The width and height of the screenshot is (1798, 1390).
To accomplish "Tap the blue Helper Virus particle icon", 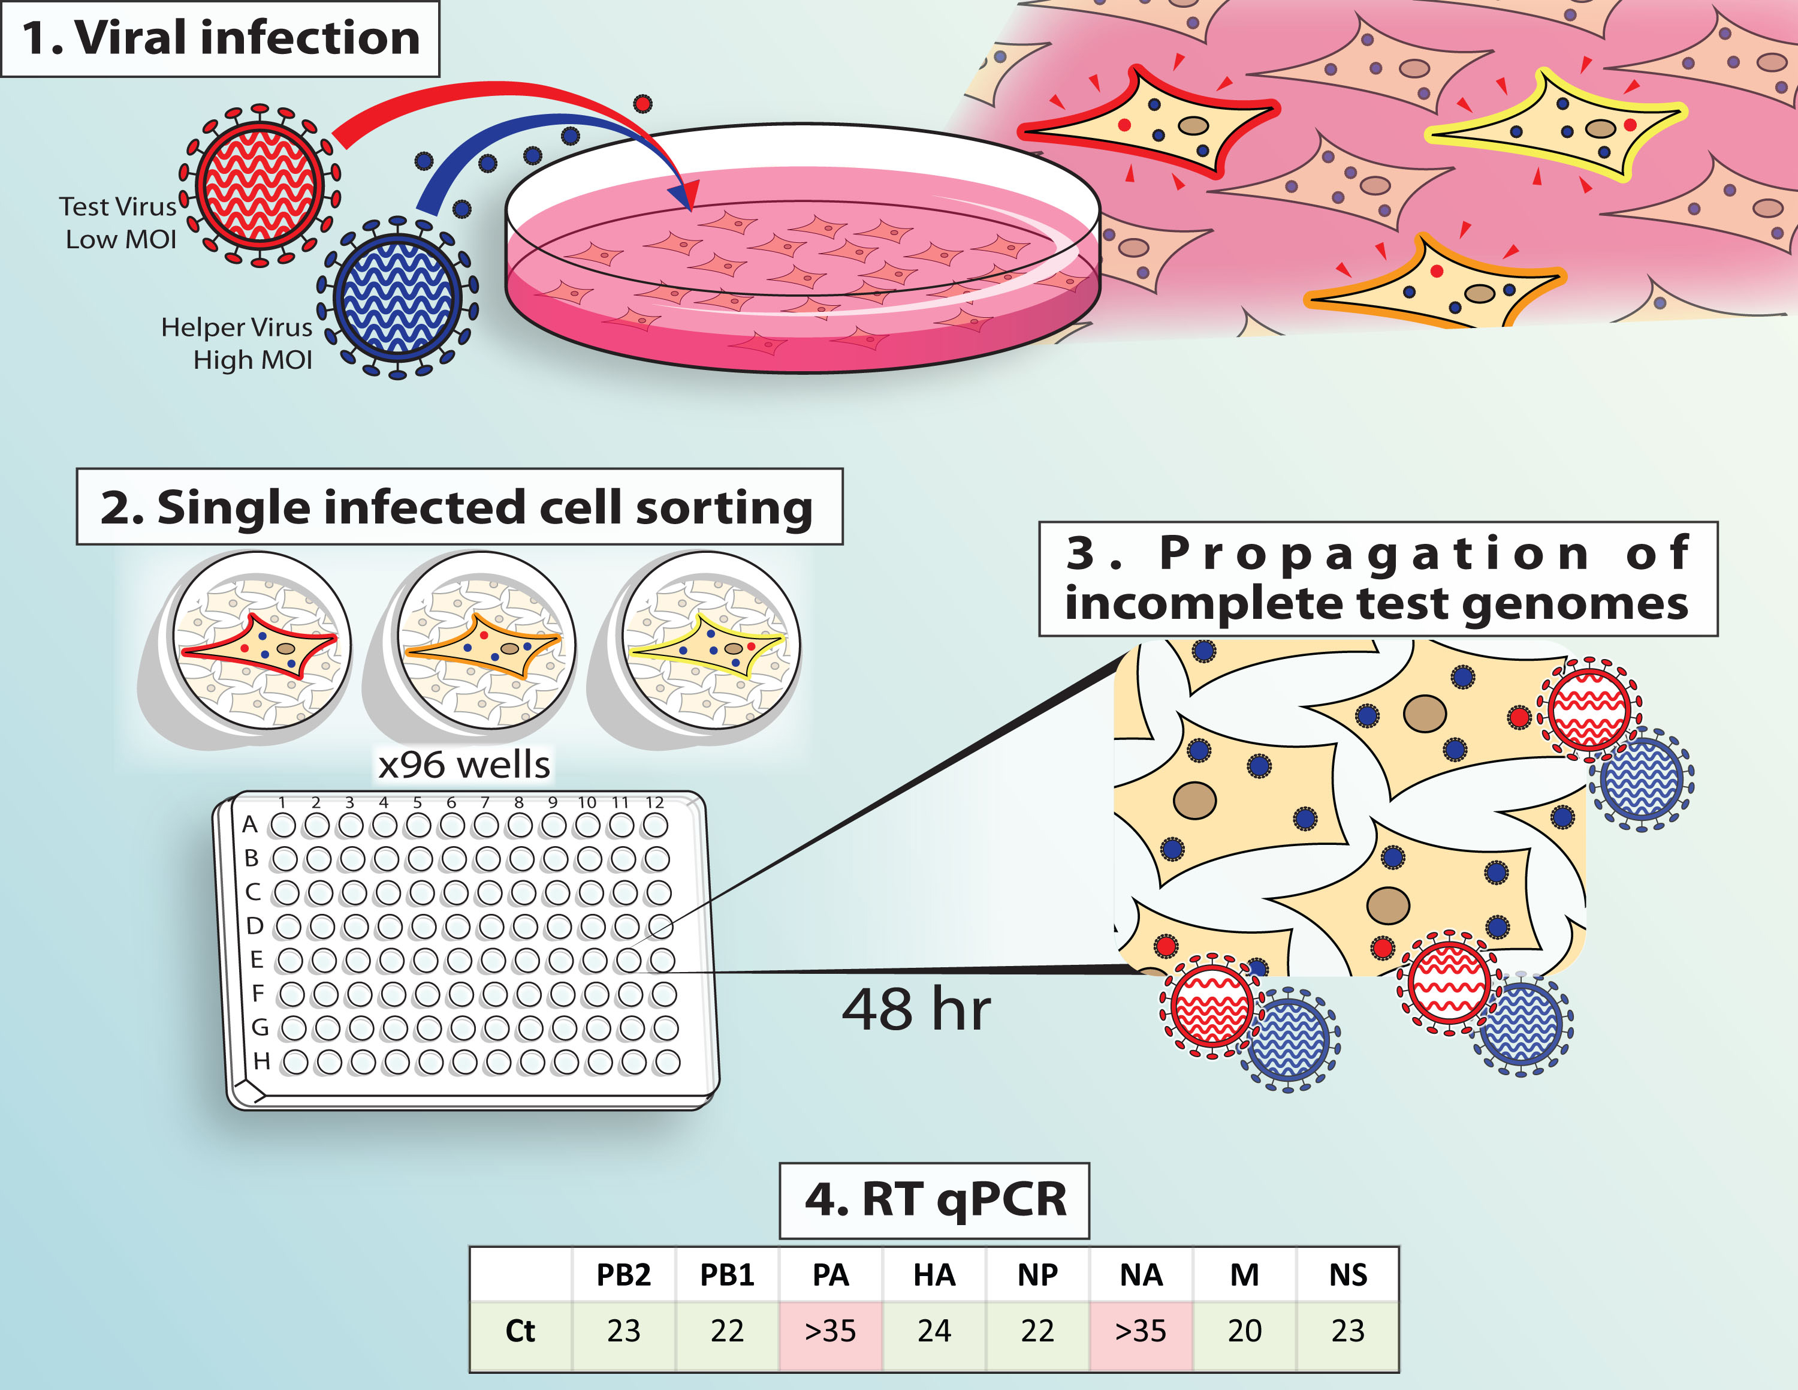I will (x=397, y=298).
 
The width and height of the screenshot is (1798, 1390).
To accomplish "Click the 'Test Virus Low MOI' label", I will (x=119, y=222).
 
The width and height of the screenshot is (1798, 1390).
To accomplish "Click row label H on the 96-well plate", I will (x=262, y=1061).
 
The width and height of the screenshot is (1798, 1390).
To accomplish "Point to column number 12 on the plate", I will (x=654, y=802).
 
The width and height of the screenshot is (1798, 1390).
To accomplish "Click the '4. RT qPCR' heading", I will (x=934, y=1200).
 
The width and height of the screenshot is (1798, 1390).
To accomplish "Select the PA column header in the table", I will (x=830, y=1275).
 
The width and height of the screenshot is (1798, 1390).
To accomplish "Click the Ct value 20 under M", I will (x=1244, y=1331).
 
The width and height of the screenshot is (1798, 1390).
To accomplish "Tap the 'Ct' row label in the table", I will (x=520, y=1331).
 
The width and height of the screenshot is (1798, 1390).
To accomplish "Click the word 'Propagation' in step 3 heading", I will (x=1375, y=552).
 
